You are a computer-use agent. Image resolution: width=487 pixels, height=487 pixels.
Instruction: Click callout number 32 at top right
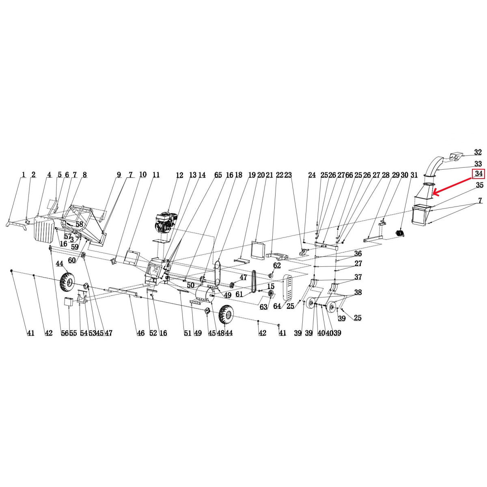coord(478,153)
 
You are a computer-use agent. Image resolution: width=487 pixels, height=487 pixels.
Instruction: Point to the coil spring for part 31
coord(401,233)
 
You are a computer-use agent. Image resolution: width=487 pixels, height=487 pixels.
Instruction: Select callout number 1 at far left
coord(23,175)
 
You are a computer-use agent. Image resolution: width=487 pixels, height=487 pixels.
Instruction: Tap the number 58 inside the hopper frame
coord(79,224)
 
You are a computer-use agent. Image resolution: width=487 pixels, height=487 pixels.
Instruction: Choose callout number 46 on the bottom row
coord(140,333)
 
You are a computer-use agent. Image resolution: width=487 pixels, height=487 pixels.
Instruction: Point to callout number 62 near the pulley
coord(277,265)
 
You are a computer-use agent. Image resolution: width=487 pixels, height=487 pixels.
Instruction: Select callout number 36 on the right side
coord(358,254)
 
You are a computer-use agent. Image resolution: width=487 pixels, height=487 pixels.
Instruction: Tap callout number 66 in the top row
coord(349,175)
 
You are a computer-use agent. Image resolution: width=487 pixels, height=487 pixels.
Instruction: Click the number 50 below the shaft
coord(191,285)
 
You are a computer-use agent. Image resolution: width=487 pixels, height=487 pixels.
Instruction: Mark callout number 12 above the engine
coord(179,175)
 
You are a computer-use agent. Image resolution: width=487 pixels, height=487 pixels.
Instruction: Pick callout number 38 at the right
coord(358,292)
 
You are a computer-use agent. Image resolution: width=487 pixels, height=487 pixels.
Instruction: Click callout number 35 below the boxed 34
coord(480,185)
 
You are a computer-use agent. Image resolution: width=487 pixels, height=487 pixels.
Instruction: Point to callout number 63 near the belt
coord(263,307)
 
